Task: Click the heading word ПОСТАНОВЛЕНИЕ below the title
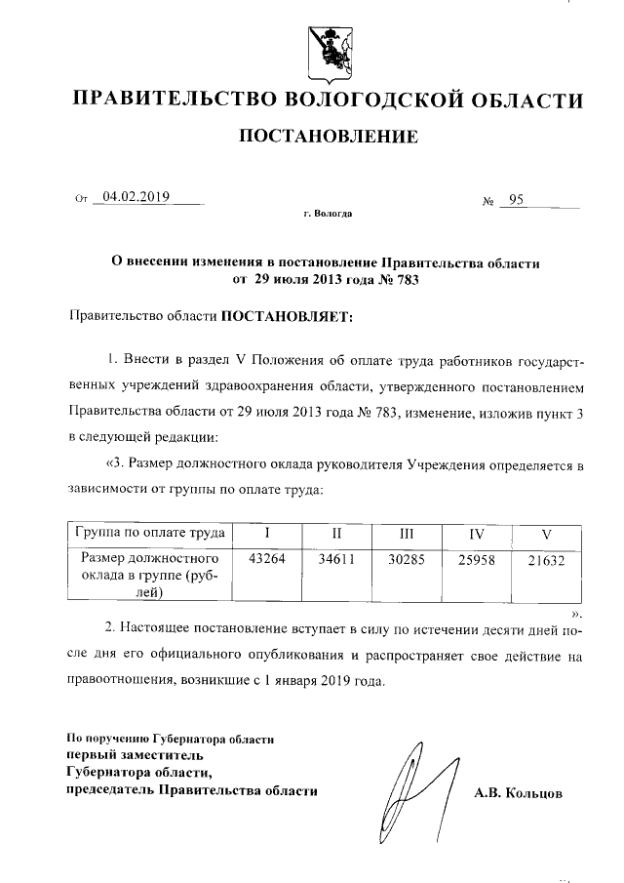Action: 329,136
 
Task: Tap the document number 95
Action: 516,200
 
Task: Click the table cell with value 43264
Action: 267,561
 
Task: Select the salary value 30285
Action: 407,561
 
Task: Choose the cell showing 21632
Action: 546,561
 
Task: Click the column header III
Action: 407,534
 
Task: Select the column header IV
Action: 477,534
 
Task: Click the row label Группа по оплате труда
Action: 148,533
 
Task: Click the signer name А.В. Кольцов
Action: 518,794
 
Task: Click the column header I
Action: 267,534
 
